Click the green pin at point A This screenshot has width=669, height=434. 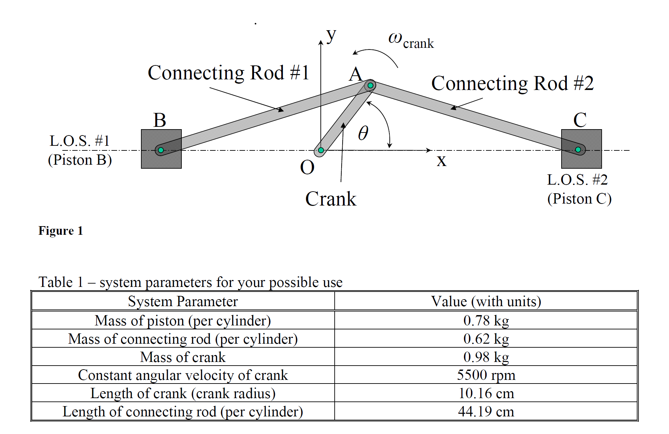click(x=370, y=86)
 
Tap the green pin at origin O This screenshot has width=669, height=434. click(x=321, y=150)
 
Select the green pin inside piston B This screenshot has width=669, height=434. click(x=161, y=150)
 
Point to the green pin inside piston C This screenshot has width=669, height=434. click(x=578, y=150)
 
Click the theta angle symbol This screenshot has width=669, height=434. click(x=363, y=133)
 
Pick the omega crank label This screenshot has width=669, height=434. click(x=411, y=41)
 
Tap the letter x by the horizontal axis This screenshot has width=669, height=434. click(x=441, y=161)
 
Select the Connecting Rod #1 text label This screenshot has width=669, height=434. click(x=229, y=73)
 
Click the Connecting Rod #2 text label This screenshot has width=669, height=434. click(x=512, y=83)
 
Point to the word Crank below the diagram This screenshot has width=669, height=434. click(x=331, y=199)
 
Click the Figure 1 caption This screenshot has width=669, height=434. click(x=61, y=231)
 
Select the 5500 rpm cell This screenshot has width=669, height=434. click(x=486, y=375)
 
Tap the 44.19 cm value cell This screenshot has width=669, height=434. click(x=486, y=412)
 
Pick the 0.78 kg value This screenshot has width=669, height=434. click(x=486, y=321)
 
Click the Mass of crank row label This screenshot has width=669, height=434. click(x=183, y=357)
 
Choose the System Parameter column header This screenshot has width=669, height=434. click(x=183, y=302)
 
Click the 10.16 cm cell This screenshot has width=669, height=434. click(x=486, y=393)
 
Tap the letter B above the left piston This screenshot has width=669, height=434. click(x=160, y=120)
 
